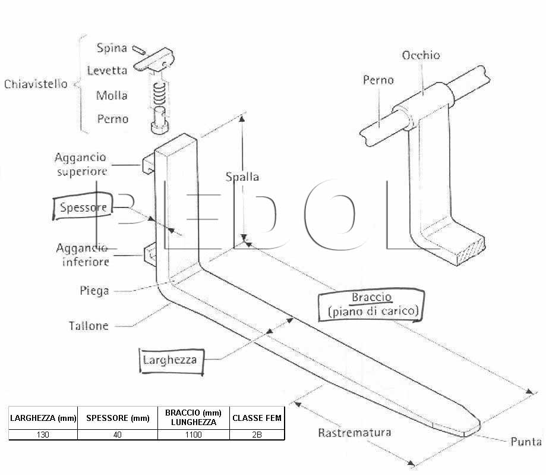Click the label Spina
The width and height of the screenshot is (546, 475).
pyautogui.click(x=112, y=48)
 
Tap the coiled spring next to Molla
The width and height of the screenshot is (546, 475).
pyautogui.click(x=159, y=94)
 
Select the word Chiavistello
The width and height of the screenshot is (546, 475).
pyautogui.click(x=36, y=84)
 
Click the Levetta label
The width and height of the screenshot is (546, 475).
pyautogui.click(x=107, y=70)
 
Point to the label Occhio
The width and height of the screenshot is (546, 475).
pyautogui.click(x=421, y=55)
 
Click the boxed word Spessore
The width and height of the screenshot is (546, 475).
pyautogui.click(x=83, y=207)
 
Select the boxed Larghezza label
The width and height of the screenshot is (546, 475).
pyautogui.click(x=170, y=360)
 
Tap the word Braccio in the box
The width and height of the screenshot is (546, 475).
pyautogui.click(x=372, y=297)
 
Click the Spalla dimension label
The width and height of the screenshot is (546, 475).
pyautogui.click(x=242, y=177)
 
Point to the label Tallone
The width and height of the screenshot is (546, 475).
pyautogui.click(x=89, y=326)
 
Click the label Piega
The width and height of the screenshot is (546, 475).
pyautogui.click(x=94, y=291)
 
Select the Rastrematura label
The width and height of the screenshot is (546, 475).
pyautogui.click(x=355, y=432)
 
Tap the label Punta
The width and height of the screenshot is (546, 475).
pyautogui.click(x=526, y=442)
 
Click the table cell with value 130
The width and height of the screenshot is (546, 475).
pyautogui.click(x=43, y=435)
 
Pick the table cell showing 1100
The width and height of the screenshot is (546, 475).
pyautogui.click(x=194, y=435)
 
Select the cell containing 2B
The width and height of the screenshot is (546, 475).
pyautogui.click(x=257, y=435)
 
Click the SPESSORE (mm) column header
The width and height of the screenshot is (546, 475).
pyautogui.click(x=118, y=418)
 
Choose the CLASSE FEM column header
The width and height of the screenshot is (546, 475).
pyautogui.click(x=257, y=418)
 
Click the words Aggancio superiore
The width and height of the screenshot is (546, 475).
pyautogui.click(x=81, y=164)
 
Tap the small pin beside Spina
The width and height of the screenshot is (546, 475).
pyautogui.click(x=139, y=50)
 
